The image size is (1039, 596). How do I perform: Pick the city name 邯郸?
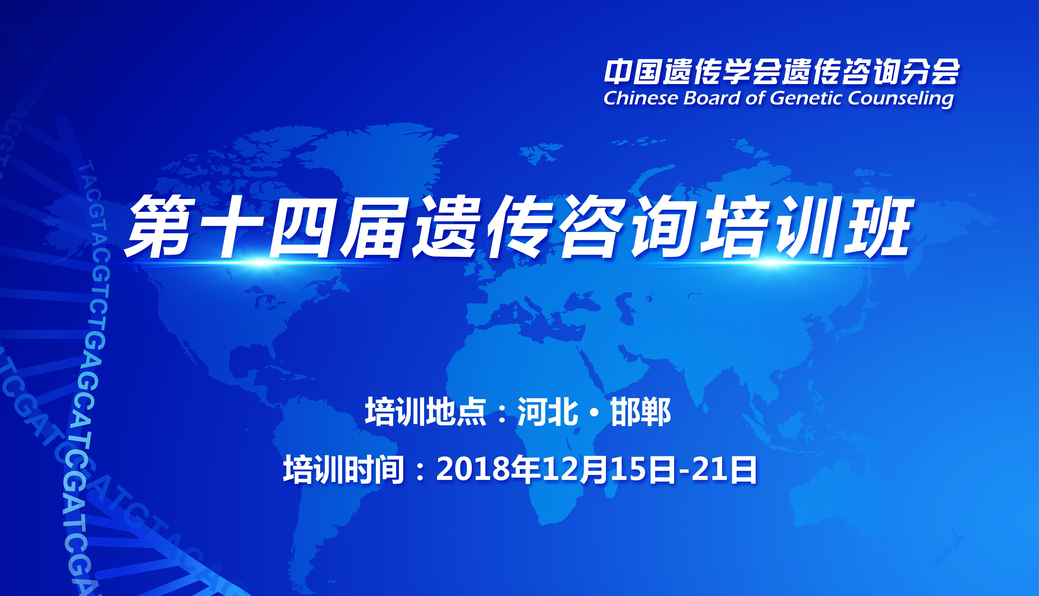[x=641, y=412]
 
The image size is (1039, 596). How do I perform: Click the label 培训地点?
[x=425, y=412]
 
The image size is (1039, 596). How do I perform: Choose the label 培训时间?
[x=344, y=469]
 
